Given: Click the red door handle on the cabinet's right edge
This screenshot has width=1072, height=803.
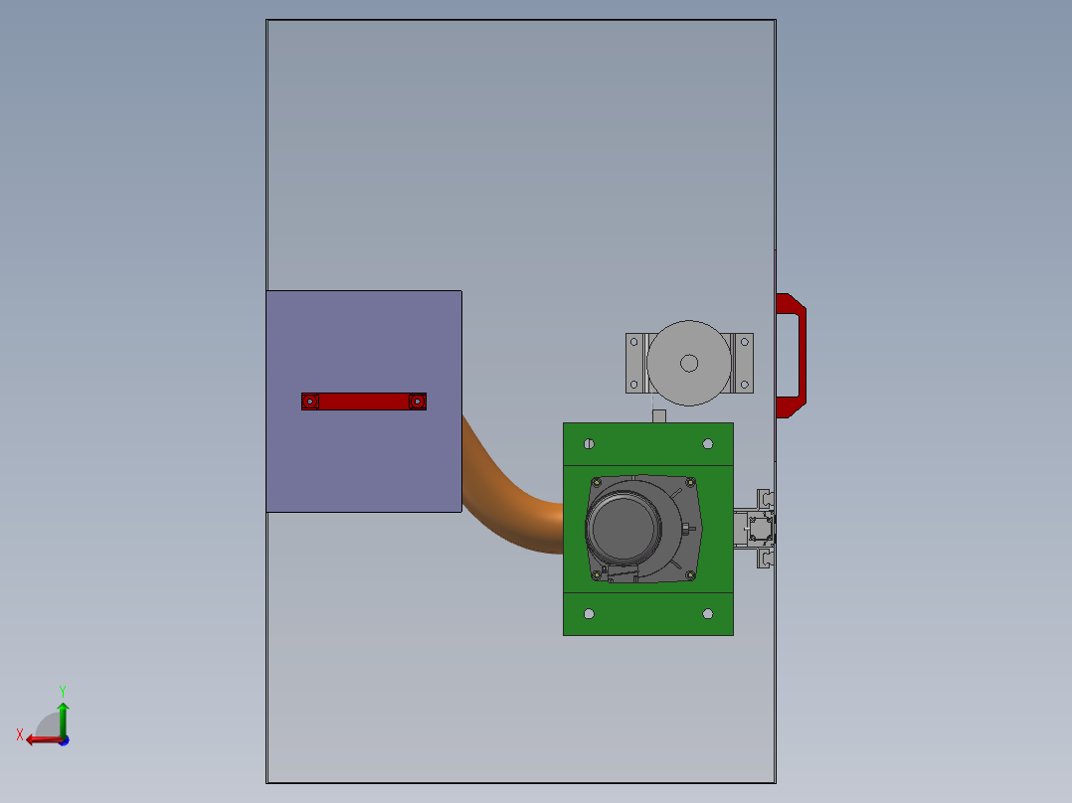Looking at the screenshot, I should click(x=795, y=355).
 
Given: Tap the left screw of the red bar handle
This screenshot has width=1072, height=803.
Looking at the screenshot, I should click(x=310, y=401).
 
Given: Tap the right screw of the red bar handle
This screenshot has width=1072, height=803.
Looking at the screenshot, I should click(x=418, y=401).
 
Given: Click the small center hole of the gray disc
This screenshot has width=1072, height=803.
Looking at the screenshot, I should click(x=688, y=363).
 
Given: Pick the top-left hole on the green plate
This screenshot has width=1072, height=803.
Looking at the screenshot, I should click(x=590, y=443).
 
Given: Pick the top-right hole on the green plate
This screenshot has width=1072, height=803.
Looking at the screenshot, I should click(x=707, y=443).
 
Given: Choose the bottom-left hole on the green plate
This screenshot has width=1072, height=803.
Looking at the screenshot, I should click(x=590, y=613).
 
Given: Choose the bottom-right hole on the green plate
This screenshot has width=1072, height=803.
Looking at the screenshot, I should click(x=707, y=613).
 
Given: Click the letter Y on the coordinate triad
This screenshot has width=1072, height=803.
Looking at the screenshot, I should click(x=63, y=690).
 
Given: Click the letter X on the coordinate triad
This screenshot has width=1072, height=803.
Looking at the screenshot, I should click(x=20, y=734).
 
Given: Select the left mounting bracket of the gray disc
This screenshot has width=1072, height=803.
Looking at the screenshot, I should click(x=634, y=363).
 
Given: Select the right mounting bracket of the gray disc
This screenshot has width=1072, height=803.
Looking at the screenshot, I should click(x=744, y=363).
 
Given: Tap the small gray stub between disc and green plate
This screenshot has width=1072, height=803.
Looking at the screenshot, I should click(x=658, y=415).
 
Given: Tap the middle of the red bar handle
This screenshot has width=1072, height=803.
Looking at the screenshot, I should click(x=364, y=401).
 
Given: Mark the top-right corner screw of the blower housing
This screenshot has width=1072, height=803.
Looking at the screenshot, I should click(x=687, y=483).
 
